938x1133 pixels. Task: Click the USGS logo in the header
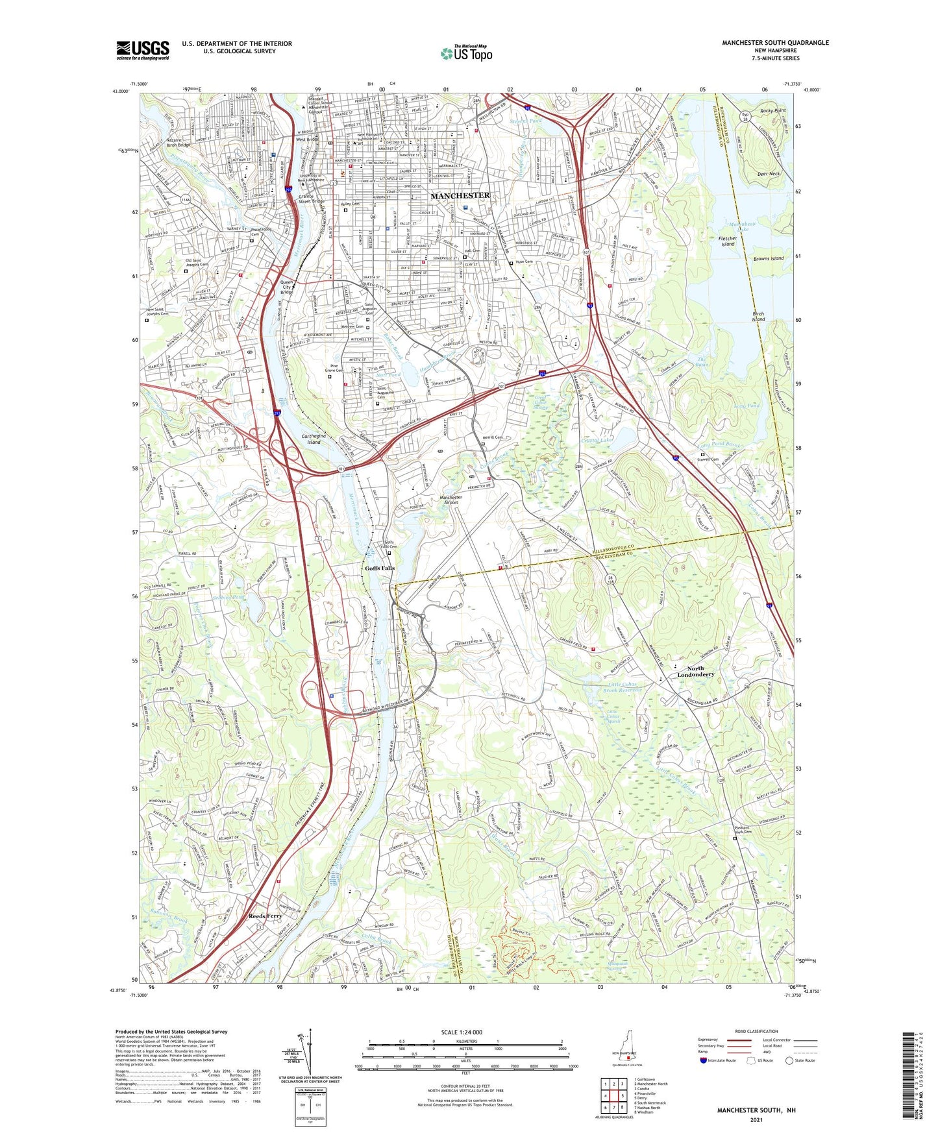(x=143, y=49)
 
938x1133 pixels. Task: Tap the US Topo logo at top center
(x=465, y=53)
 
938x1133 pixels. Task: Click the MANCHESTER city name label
(x=460, y=195)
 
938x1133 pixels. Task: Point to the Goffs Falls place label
(x=379, y=568)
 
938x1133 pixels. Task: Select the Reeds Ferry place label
(x=265, y=916)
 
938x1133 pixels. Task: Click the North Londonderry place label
(x=695, y=672)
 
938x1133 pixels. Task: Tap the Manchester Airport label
(x=450, y=500)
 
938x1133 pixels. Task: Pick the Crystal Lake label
(x=597, y=441)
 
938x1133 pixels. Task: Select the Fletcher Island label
(x=727, y=241)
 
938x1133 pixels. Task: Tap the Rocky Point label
(x=772, y=111)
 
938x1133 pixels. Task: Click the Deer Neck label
(x=768, y=174)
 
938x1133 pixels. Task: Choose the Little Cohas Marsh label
(x=613, y=716)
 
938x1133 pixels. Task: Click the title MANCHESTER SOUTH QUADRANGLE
(x=775, y=43)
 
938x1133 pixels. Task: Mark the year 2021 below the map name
(x=756, y=1119)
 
